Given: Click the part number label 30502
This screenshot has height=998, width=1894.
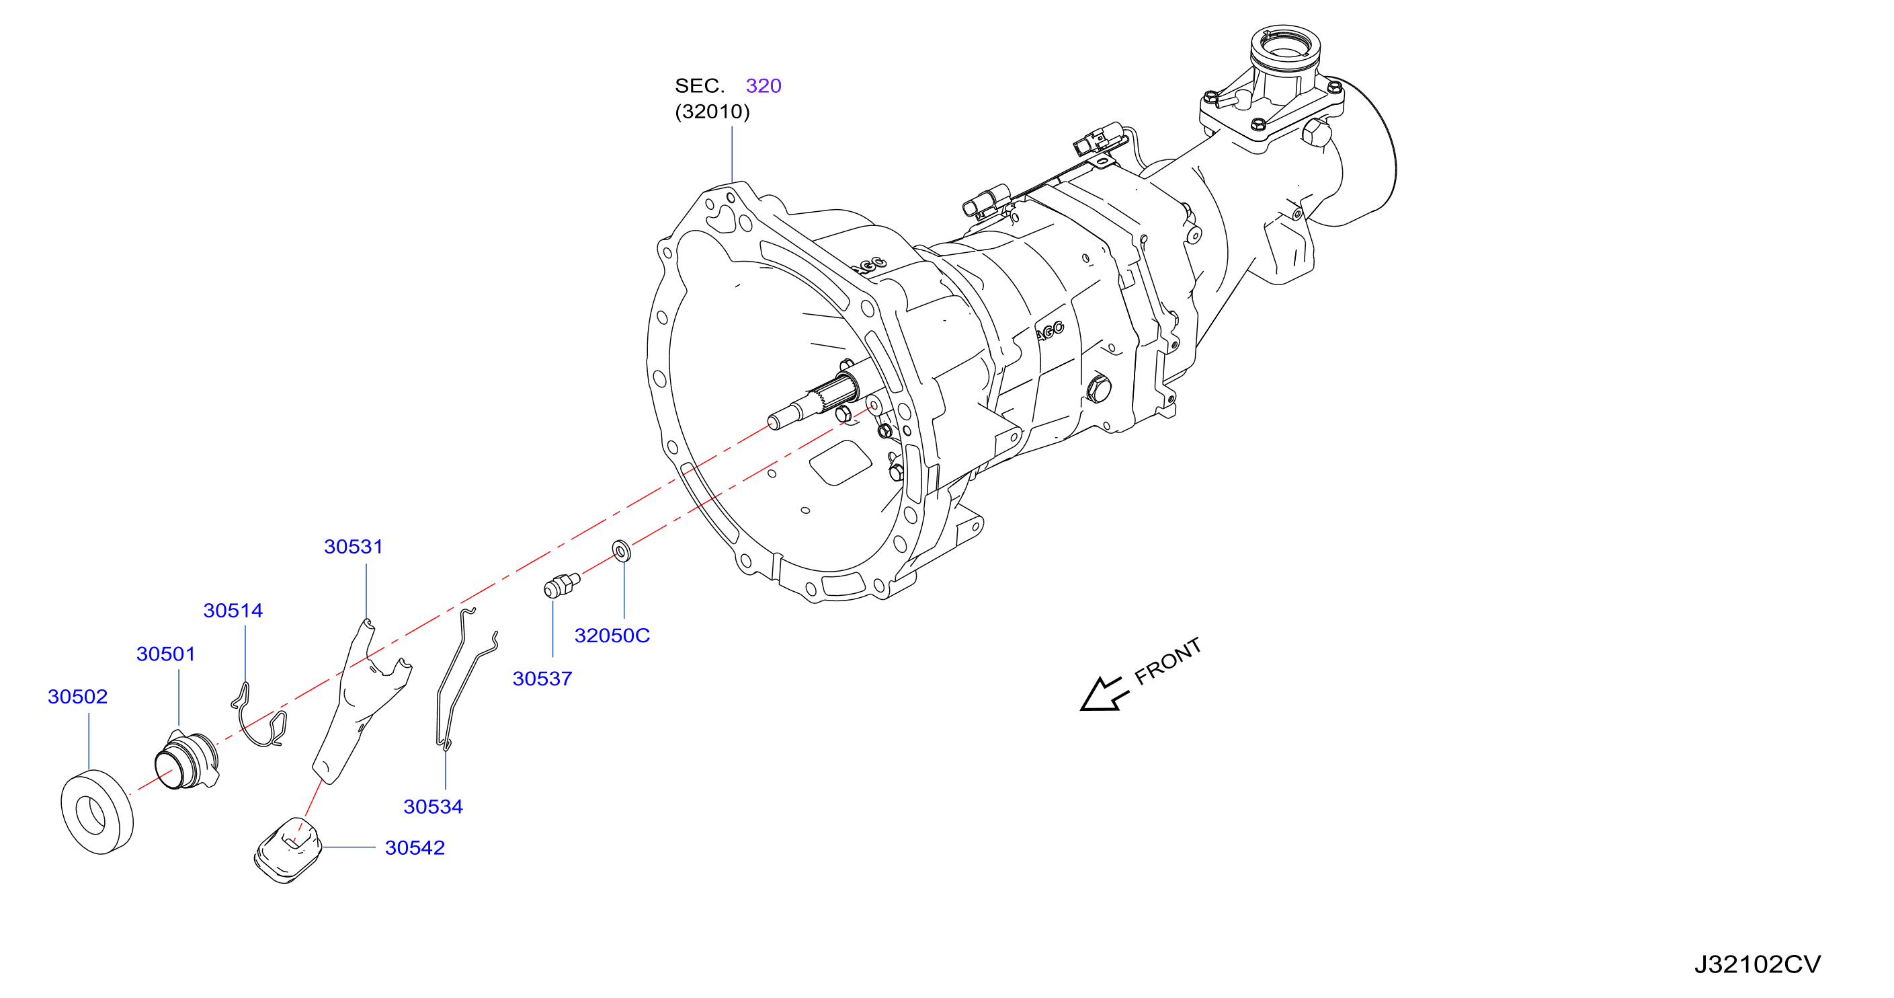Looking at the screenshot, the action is (77, 697).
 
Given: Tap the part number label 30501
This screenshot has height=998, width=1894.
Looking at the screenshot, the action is (166, 654).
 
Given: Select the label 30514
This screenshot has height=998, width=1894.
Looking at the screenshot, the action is (233, 611).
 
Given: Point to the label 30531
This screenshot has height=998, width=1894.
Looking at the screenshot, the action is (354, 547).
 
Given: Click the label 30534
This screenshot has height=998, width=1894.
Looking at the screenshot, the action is (433, 807).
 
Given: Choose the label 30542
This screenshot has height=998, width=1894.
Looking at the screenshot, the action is (415, 848).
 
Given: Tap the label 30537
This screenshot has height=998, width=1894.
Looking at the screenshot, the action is (542, 679).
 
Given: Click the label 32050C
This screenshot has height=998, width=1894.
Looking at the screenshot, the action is (612, 636).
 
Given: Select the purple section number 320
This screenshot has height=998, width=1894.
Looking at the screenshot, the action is (764, 86).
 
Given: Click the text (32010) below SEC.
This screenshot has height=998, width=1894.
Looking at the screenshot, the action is (712, 112).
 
